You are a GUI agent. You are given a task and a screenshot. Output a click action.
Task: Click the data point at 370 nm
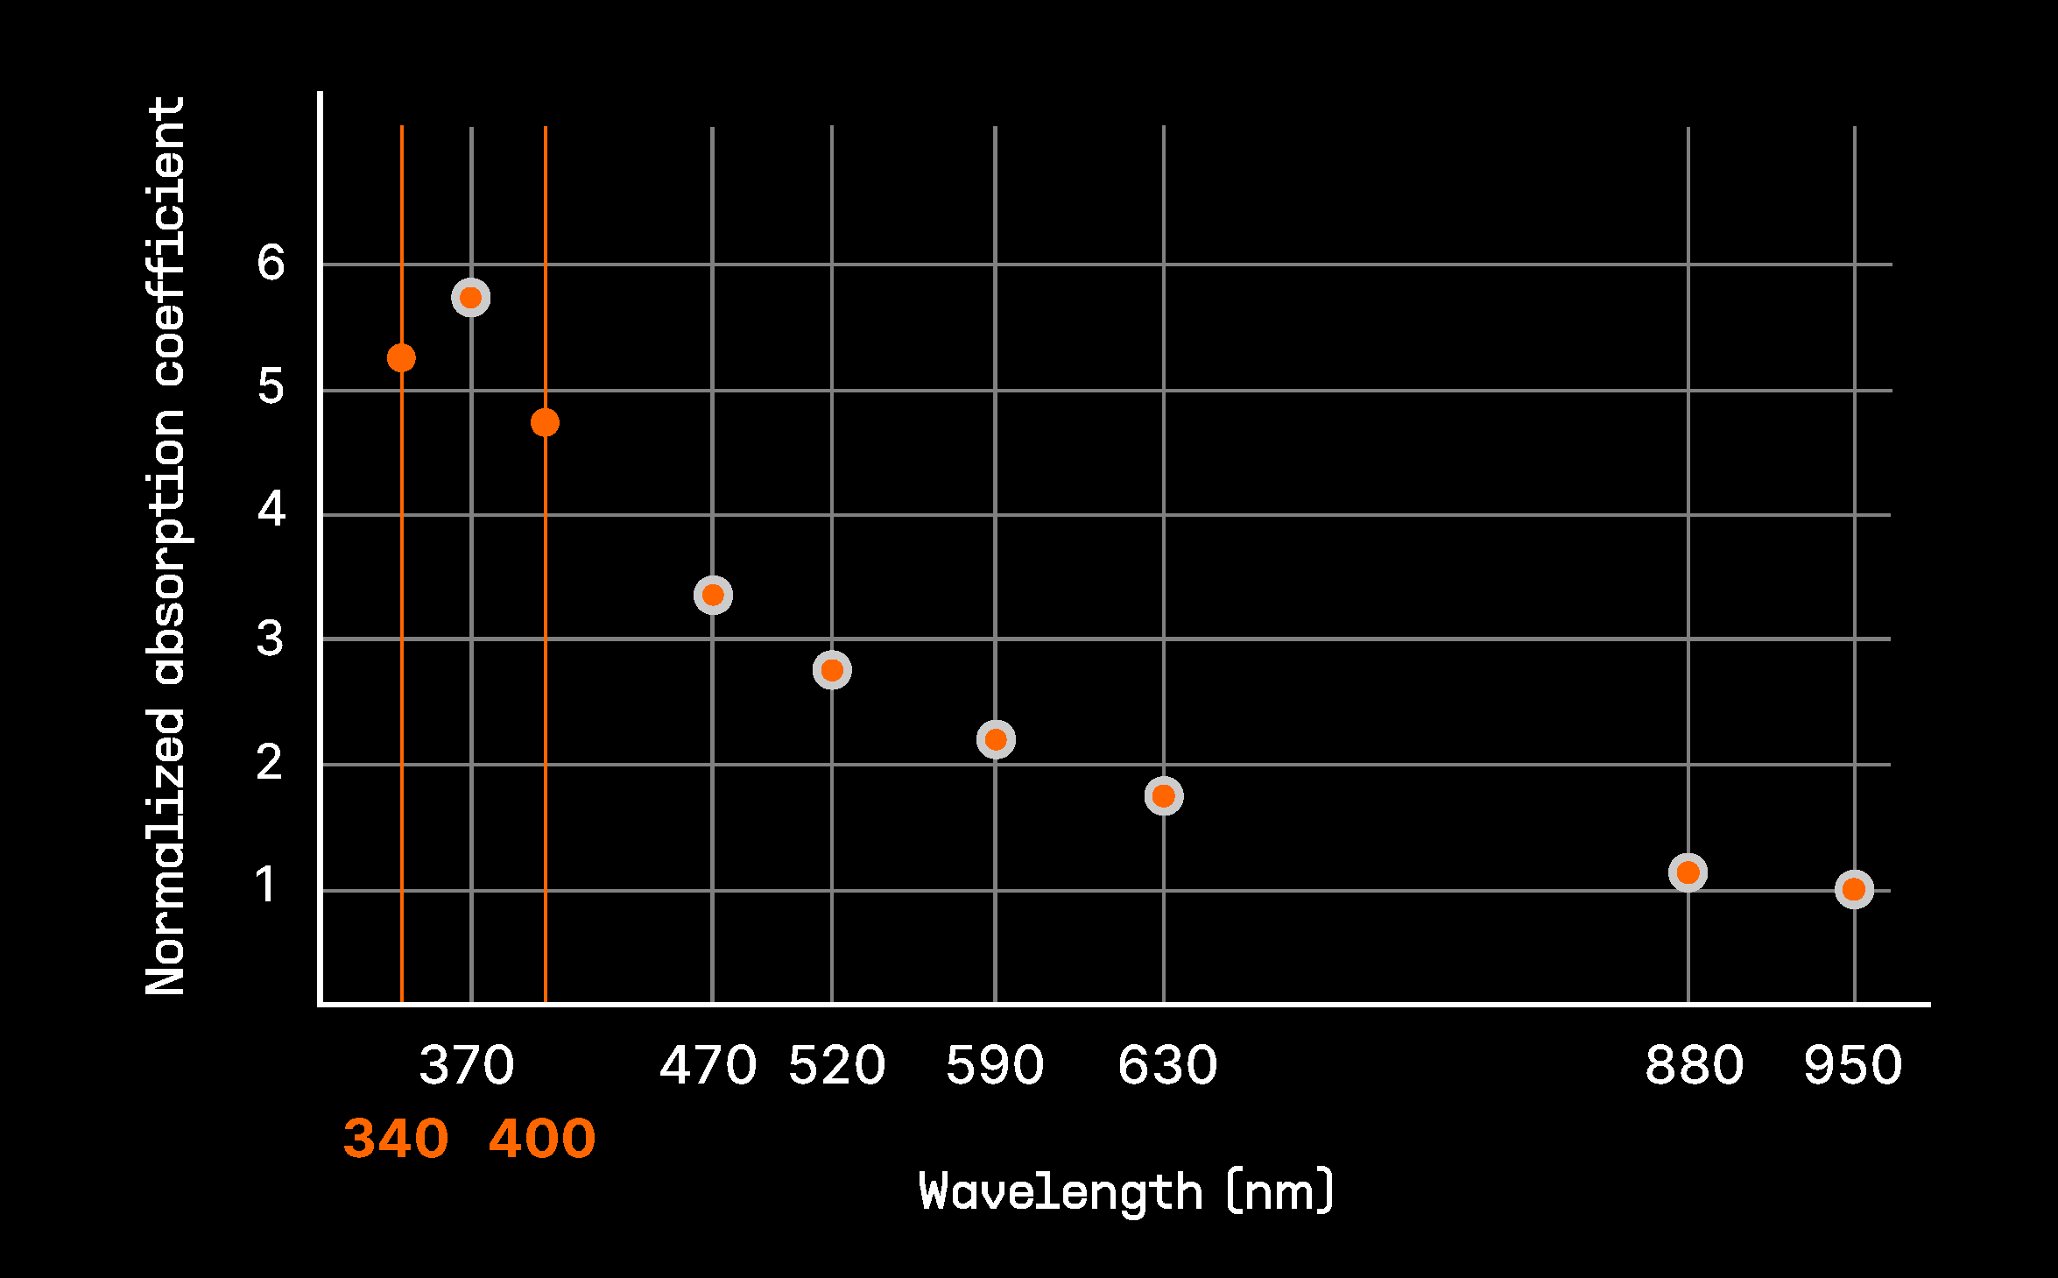470,298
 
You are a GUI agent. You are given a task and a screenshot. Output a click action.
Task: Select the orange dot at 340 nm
401,357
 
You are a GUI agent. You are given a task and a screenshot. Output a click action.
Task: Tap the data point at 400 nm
545,423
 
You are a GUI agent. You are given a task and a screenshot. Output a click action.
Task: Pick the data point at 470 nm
713,596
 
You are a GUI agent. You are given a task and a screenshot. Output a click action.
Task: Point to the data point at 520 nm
832,670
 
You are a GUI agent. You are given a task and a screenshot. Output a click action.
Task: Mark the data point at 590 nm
996,740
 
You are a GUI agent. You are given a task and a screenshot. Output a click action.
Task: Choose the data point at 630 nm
1164,796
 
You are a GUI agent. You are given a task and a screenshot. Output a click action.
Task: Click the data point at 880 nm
1688,872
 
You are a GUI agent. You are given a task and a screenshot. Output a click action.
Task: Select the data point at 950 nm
1854,890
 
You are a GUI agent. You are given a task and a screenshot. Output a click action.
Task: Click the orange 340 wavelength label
396,1139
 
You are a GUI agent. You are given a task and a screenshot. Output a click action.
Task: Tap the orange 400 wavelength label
542,1139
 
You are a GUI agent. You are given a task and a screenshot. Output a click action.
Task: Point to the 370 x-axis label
467,1065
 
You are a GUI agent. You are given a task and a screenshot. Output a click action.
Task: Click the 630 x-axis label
1167,1065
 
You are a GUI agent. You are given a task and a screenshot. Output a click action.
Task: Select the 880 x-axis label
1695,1065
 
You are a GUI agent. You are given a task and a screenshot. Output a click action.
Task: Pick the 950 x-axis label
1853,1065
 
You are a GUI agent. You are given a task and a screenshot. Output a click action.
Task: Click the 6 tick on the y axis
271,263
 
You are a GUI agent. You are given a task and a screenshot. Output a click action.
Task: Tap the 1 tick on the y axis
266,885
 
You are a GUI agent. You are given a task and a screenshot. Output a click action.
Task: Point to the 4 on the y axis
271,509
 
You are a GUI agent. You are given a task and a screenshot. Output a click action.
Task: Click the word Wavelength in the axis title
1061,1191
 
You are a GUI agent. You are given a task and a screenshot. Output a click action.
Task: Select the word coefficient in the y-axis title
166,241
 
